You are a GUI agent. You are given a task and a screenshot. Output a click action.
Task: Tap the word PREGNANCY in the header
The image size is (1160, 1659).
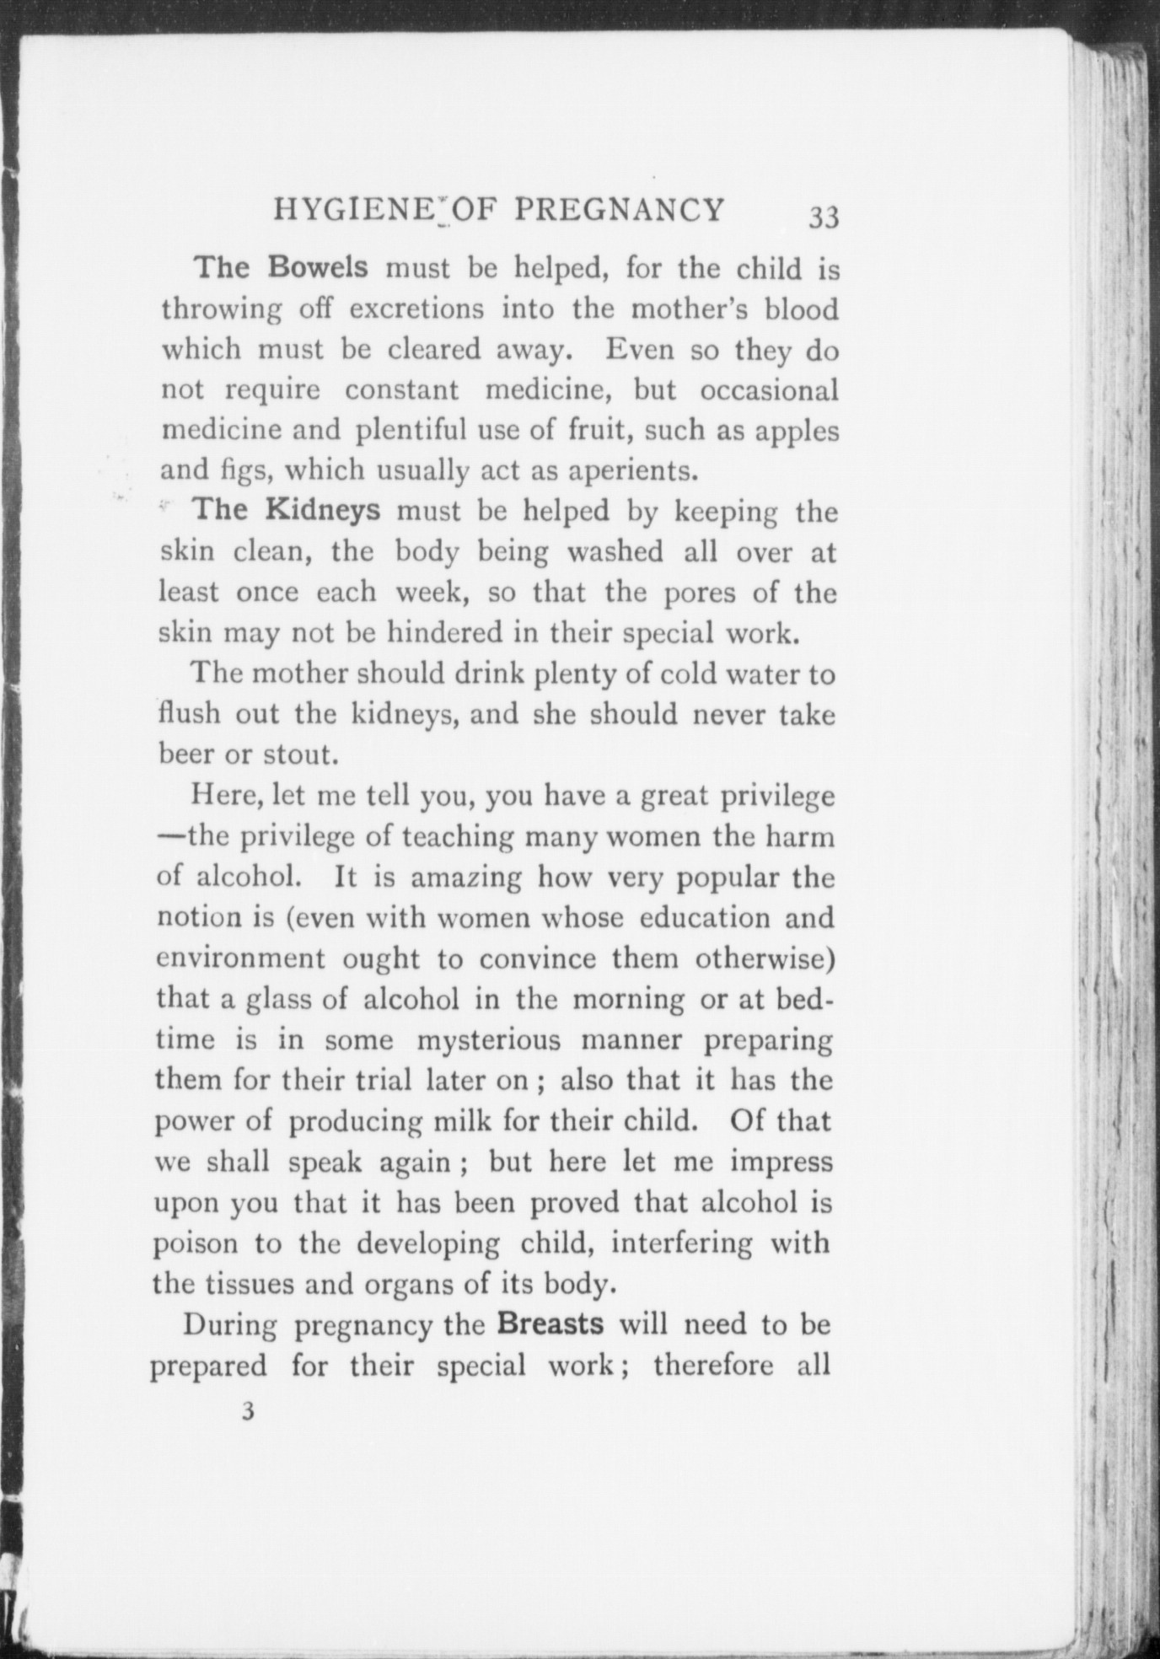coord(619,209)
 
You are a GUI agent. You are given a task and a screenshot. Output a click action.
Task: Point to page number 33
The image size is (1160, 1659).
coord(824,217)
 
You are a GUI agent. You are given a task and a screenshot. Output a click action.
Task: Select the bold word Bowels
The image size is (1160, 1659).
coord(318,267)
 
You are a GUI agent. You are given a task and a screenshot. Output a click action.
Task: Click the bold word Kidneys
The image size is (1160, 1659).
coord(323,510)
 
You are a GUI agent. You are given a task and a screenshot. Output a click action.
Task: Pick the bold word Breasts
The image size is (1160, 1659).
coord(550,1323)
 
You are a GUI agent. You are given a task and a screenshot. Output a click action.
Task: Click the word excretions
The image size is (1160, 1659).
coord(416,309)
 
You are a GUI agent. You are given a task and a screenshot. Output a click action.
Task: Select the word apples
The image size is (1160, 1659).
coord(797,432)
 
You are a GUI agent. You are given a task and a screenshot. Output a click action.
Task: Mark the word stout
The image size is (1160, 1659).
coord(301,754)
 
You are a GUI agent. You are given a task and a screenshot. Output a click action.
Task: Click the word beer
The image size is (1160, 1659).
coord(185,754)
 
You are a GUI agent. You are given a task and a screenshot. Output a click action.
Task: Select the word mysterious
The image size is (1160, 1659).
coord(488,1039)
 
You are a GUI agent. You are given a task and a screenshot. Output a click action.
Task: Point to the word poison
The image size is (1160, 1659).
coord(196,1243)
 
